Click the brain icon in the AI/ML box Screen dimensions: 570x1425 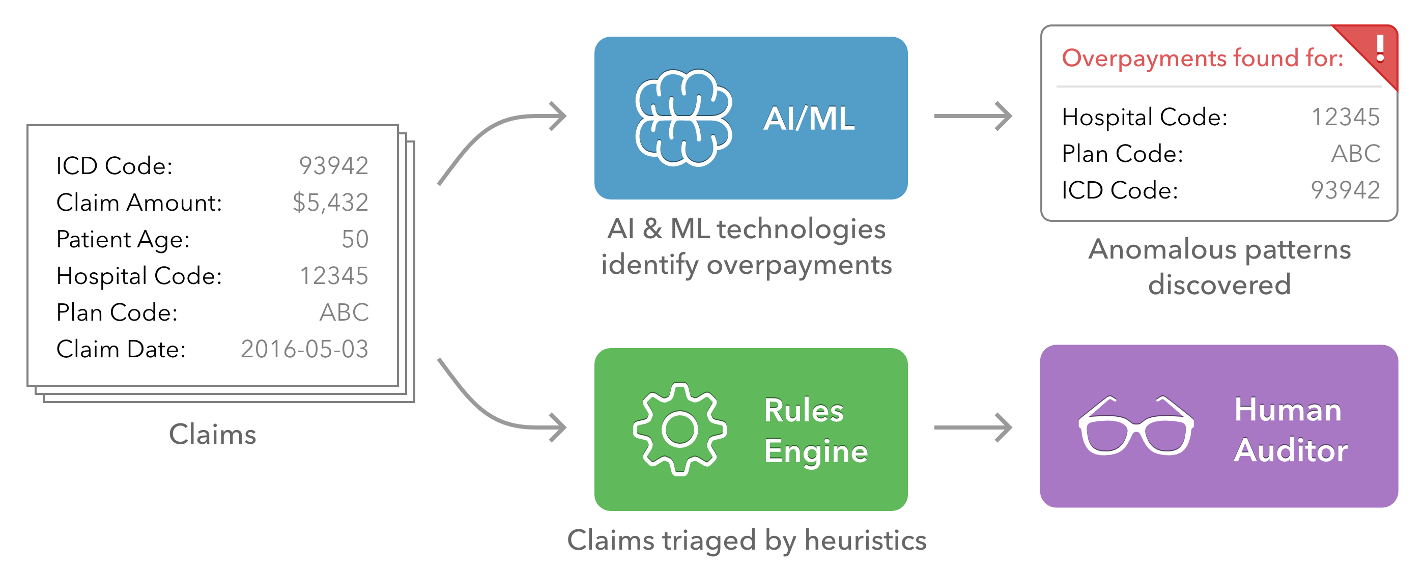coord(683,118)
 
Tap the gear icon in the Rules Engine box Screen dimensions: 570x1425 coord(679,429)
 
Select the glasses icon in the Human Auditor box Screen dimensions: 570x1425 coord(1136,426)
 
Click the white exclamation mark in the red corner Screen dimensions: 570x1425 coord(1380,49)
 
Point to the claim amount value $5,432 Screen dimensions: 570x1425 coord(330,203)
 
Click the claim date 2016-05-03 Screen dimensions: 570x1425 coord(304,349)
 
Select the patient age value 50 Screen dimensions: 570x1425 coord(355,239)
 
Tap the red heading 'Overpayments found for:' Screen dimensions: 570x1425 coord(1202,58)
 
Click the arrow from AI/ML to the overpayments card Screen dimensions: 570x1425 coord(973,116)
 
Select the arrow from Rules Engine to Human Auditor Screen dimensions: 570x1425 coord(973,427)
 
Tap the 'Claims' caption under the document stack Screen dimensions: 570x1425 coord(212,435)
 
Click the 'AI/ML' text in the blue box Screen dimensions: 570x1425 coord(809,119)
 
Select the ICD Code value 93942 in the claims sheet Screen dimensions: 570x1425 coord(333,165)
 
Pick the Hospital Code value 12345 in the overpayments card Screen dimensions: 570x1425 coord(1345,117)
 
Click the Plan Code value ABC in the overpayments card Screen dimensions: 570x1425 coord(1355,153)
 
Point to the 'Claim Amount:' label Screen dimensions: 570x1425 coord(139,203)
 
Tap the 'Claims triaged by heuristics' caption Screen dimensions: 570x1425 coord(746,540)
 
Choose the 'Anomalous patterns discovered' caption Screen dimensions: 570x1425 coord(1219,267)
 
